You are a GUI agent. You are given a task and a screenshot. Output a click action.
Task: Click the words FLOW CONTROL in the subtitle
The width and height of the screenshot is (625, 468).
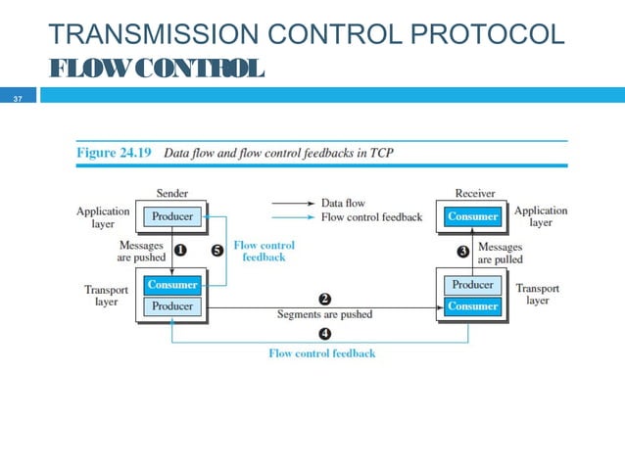click(156, 70)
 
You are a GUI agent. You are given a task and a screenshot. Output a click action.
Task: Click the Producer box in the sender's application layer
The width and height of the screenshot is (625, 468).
click(172, 215)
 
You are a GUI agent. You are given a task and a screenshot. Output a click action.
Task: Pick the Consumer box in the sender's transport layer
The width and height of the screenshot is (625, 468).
click(172, 285)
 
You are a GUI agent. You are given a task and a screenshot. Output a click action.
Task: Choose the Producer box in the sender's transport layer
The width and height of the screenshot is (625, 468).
click(172, 306)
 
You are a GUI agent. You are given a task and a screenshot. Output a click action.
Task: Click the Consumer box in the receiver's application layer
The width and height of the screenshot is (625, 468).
click(473, 216)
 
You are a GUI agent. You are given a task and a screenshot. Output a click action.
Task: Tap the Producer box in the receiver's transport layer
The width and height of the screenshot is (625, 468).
click(473, 285)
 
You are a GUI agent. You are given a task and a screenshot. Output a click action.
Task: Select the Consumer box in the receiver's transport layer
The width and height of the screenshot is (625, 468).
click(473, 306)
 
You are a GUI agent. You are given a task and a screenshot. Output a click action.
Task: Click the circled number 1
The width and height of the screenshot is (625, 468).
click(180, 250)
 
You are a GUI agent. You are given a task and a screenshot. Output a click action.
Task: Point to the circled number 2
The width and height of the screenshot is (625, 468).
click(324, 298)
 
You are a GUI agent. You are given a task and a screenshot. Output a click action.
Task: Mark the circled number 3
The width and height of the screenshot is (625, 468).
click(465, 253)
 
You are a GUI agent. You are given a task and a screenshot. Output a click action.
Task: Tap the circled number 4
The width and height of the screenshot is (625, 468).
click(324, 335)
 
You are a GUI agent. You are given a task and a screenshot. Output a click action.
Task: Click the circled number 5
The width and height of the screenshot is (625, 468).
click(216, 251)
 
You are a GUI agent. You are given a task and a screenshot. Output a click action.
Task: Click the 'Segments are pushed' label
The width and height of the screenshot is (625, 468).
click(324, 314)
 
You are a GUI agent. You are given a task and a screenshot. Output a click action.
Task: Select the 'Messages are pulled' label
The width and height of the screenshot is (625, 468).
click(500, 254)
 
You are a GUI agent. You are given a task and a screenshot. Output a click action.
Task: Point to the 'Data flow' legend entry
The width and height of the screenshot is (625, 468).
click(343, 203)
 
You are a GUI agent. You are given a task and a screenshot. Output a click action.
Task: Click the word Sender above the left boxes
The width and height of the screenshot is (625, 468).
click(172, 194)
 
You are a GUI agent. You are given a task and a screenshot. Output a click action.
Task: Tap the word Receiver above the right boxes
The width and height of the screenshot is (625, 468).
click(474, 194)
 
